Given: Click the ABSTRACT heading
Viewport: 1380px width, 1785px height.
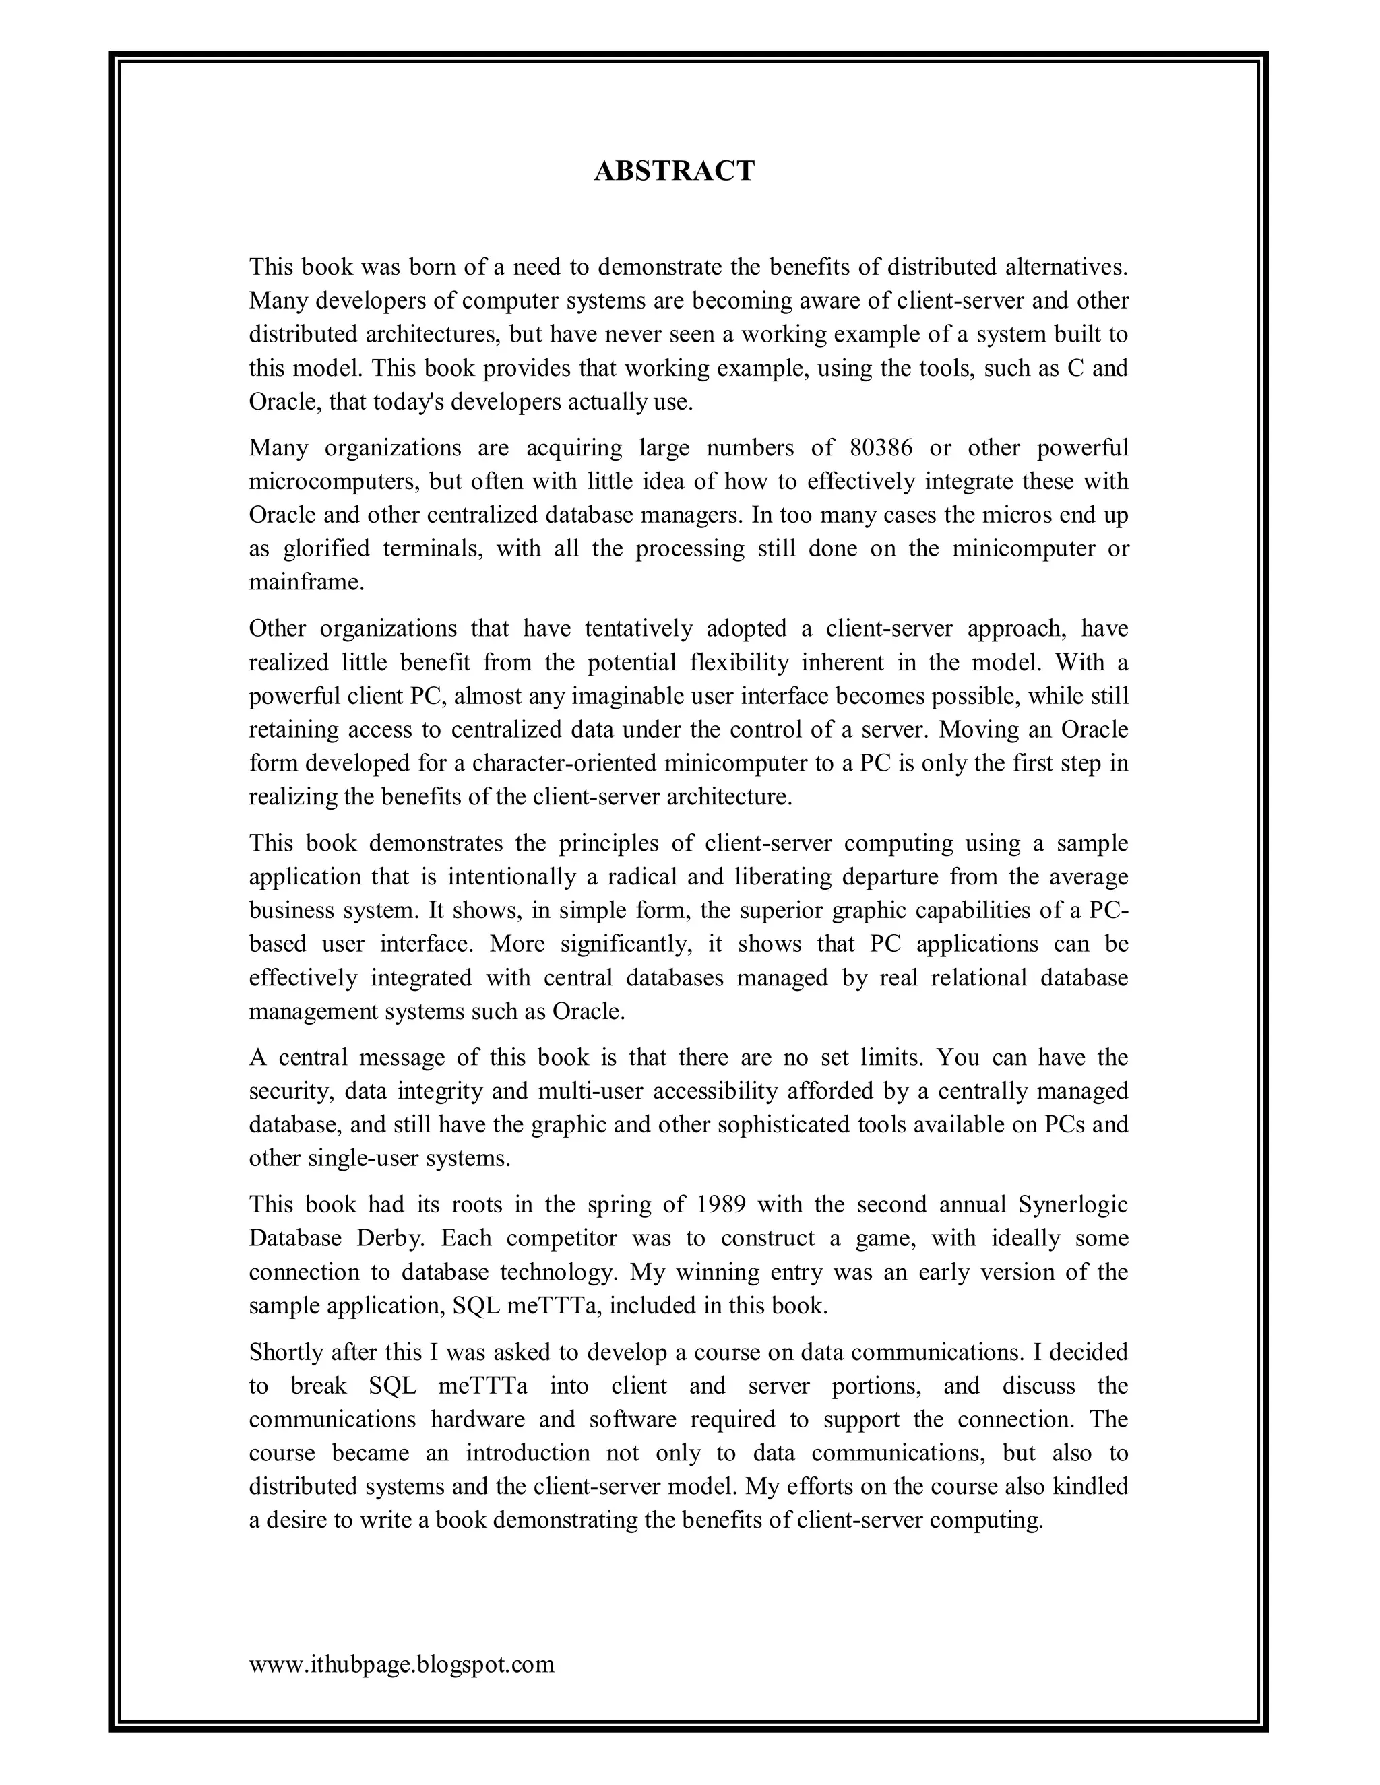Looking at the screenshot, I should click(x=674, y=171).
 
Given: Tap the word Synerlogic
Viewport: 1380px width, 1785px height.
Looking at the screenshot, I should click(x=1073, y=1205).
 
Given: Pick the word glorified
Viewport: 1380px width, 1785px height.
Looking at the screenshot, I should click(x=326, y=548).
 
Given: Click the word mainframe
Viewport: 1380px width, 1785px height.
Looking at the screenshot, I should click(x=306, y=583).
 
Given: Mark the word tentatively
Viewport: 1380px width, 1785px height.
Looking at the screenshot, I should click(x=639, y=628).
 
